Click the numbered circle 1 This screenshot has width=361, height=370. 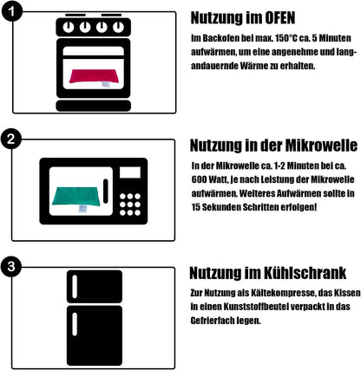(x=11, y=11)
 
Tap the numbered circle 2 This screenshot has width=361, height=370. (x=11, y=139)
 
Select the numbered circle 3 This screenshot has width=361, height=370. (x=11, y=266)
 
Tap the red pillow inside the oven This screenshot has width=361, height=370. (x=93, y=77)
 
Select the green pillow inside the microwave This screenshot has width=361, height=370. (x=76, y=197)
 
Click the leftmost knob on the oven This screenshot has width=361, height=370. (x=69, y=28)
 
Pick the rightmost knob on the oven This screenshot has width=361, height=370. (x=118, y=28)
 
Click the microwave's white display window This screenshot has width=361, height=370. (x=130, y=172)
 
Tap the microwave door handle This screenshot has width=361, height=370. (x=106, y=191)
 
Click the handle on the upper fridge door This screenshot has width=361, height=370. (x=75, y=287)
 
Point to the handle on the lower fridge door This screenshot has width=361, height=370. (x=75, y=324)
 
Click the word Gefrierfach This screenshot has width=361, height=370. (x=213, y=321)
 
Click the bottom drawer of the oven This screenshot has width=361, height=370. (x=93, y=106)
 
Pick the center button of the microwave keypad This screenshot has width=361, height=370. (x=130, y=204)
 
